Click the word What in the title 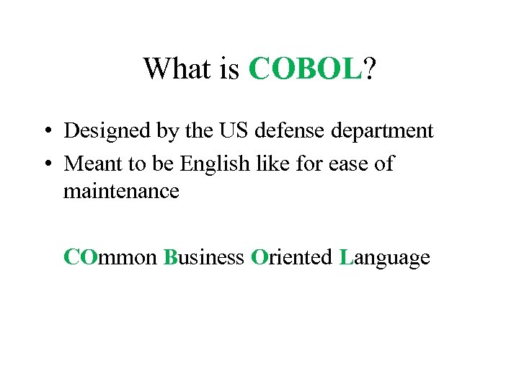176,69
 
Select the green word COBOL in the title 305,69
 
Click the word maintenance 121,192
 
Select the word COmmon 110,257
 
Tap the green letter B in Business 170,257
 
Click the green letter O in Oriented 259,257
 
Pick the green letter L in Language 345,257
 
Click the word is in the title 229,69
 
